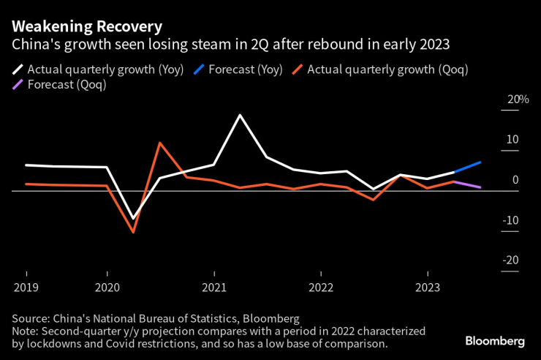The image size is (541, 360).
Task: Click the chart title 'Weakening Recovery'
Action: pyautogui.click(x=87, y=26)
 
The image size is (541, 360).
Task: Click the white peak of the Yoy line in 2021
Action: pyautogui.click(x=240, y=115)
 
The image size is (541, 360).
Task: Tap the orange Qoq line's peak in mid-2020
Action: pyautogui.click(x=159, y=143)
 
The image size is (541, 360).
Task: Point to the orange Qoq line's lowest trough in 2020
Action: pyautogui.click(x=133, y=232)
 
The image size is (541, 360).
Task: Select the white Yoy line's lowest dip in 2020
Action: pyautogui.click(x=133, y=219)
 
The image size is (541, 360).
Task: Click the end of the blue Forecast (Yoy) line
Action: pyautogui.click(x=480, y=162)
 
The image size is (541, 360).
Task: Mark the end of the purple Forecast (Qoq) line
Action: pyautogui.click(x=480, y=187)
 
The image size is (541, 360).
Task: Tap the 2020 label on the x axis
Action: pyautogui.click(x=107, y=287)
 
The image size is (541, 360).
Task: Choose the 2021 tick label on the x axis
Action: pyautogui.click(x=214, y=287)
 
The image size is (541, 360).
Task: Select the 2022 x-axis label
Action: pyautogui.click(x=321, y=287)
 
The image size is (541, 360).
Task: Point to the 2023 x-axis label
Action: pyautogui.click(x=428, y=287)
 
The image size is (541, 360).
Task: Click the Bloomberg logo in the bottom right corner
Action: pyautogui.click(x=495, y=341)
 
